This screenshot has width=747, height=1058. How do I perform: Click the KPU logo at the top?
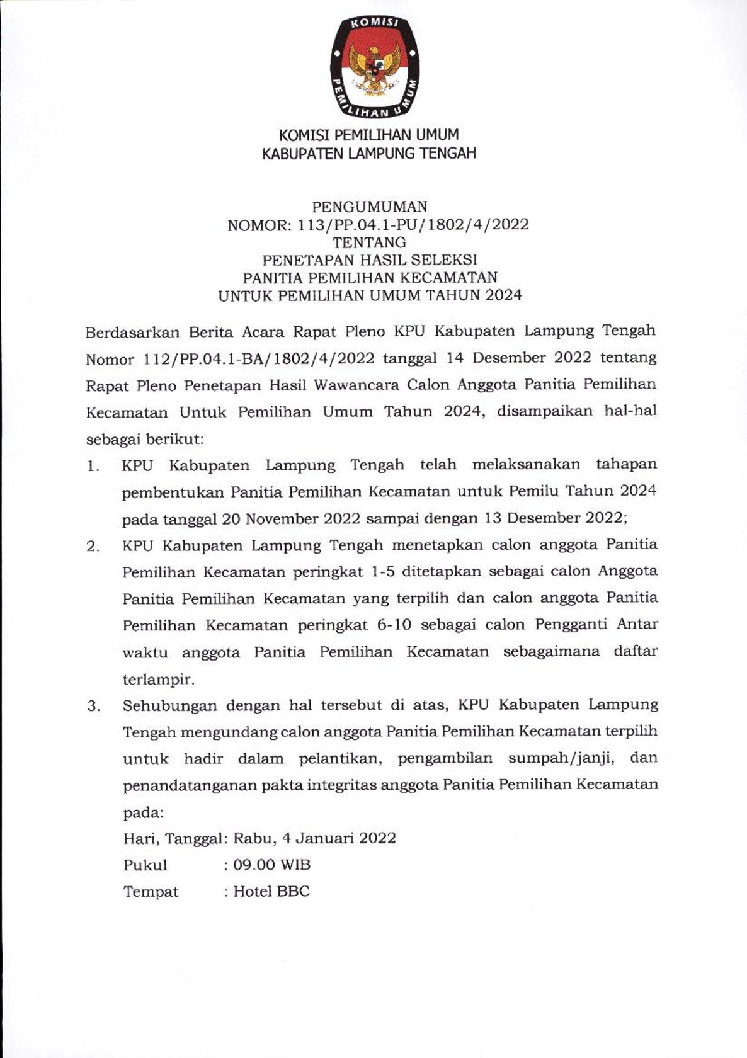coord(373,67)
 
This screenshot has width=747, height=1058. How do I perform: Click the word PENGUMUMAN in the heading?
coord(370,207)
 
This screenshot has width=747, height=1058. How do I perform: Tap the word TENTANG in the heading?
coord(370,242)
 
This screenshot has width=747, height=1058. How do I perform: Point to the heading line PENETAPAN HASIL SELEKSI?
coord(370,259)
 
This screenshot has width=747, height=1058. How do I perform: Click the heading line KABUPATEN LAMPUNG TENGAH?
coord(369,153)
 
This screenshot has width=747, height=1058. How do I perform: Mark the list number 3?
coord(94,707)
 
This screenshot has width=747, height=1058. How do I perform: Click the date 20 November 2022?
coord(290,519)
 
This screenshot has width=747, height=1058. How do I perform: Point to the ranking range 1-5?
coord(384,572)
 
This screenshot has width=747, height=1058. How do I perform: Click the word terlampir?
coord(158,680)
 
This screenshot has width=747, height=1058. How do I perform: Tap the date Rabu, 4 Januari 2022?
coord(314,839)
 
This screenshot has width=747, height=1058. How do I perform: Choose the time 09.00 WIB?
coord(271,865)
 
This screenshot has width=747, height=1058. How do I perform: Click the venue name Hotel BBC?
coord(271,892)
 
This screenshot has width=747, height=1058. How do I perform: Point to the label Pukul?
coord(145,865)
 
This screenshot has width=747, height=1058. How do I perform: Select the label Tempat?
coord(151,892)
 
